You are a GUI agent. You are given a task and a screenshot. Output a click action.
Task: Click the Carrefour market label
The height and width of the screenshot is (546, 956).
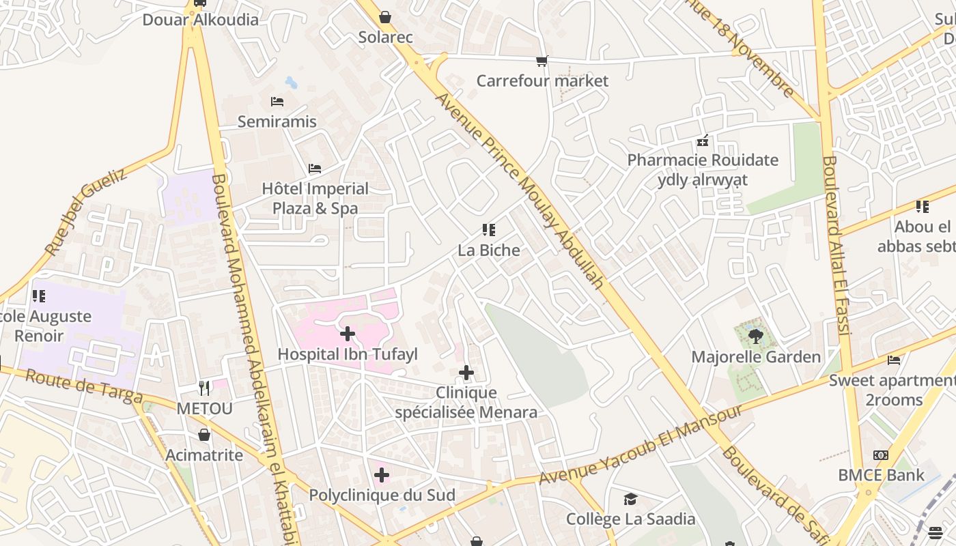pos(542,81)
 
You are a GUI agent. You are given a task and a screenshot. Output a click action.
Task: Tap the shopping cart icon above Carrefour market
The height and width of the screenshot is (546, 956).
pos(542,61)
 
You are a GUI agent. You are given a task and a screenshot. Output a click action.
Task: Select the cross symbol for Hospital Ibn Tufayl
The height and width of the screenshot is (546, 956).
pos(348,334)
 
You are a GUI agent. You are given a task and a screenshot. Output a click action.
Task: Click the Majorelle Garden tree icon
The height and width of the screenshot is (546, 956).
pos(755,335)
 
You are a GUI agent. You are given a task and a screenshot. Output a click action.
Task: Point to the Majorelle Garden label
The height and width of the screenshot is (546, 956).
pos(756,357)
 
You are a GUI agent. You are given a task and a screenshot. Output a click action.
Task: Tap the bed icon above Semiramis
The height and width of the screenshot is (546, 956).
pos(277,102)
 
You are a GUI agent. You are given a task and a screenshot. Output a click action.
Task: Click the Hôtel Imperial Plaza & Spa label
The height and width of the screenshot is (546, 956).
pos(315,198)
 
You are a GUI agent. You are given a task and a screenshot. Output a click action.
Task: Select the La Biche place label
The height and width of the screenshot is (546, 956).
pos(489,250)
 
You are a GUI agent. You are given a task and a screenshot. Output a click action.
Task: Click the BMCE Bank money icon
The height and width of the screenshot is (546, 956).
pos(881,455)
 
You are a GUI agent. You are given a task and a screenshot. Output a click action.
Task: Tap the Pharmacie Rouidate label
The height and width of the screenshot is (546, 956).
pos(703,160)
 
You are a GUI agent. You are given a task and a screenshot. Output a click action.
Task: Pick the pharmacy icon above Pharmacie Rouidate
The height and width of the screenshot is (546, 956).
pos(703,141)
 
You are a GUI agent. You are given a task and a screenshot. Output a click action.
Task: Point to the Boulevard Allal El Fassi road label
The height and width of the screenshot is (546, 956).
pos(836,246)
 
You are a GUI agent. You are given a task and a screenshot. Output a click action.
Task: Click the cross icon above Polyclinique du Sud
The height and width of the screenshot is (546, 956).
pos(382,475)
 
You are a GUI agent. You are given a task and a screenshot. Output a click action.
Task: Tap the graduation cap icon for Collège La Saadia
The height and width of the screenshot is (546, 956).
pos(630,500)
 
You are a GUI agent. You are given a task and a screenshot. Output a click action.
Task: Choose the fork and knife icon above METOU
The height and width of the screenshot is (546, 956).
pos(204,388)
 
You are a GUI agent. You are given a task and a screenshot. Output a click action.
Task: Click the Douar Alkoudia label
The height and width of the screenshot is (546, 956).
pos(201,19)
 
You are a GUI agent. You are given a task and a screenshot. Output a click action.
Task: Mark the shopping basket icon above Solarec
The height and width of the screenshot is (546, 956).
pos(385,17)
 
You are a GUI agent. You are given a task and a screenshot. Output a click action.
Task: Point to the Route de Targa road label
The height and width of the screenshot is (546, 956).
pos(84,387)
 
